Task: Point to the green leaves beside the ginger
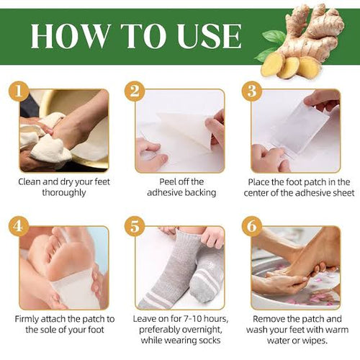(x=272, y=40)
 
